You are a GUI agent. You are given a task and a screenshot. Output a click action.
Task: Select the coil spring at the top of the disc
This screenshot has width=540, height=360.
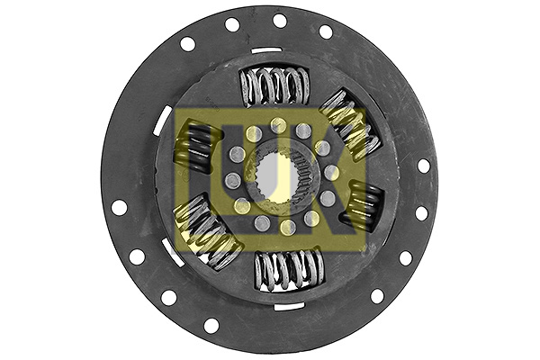point(275,86)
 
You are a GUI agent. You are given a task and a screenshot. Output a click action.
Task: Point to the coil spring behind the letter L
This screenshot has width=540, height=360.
point(197,148)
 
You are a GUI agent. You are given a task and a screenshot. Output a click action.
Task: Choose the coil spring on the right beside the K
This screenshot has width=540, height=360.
point(362,204)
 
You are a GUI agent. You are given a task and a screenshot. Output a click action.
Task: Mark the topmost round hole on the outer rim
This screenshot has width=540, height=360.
point(279,21)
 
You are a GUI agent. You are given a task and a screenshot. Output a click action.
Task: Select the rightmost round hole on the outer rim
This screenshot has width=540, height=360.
point(424,166)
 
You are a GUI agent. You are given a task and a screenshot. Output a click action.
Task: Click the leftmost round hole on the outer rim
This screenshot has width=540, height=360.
point(118,207)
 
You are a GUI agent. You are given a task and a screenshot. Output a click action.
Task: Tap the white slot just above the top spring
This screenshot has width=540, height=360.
point(266,49)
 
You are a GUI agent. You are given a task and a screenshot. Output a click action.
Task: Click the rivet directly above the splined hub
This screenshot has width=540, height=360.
point(278,125)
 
